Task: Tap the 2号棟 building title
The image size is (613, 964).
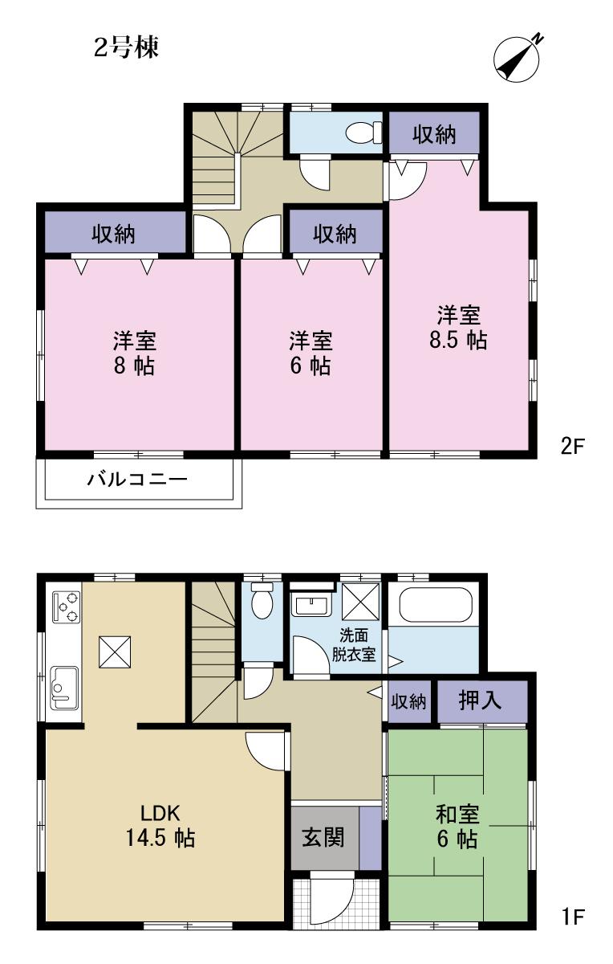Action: point(127,48)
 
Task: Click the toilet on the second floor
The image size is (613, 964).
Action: point(366,132)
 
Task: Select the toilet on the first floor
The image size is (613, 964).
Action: point(262,603)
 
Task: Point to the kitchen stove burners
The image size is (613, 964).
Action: point(65,607)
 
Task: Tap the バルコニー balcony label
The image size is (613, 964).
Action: point(137,481)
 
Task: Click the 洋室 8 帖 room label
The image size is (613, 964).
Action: point(134,353)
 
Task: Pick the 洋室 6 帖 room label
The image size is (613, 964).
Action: point(311,353)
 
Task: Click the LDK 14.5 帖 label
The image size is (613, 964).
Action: point(160,825)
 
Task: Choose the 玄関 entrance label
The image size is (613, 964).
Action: point(323,838)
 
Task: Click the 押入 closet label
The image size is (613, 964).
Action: point(480,701)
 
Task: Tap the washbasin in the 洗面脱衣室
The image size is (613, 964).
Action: point(311,604)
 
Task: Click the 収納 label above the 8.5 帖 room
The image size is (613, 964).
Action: point(434,135)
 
